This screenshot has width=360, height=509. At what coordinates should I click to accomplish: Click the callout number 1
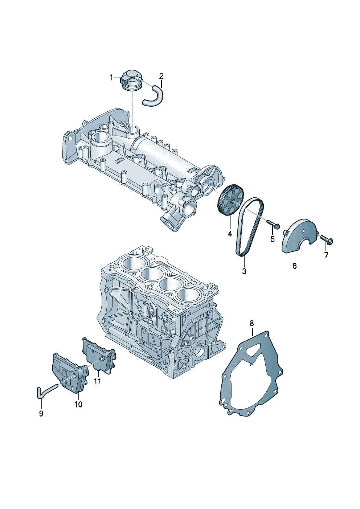[112, 77]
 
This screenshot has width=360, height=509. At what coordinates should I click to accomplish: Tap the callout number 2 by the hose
[161, 76]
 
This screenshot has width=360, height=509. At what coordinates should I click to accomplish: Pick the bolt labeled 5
[273, 224]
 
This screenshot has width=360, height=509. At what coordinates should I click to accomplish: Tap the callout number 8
[251, 323]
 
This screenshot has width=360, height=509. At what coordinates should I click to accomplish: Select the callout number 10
[78, 404]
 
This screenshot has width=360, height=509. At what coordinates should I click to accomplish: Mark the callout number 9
[41, 413]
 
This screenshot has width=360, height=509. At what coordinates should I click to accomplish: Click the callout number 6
[294, 266]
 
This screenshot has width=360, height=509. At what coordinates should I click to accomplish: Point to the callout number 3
[244, 271]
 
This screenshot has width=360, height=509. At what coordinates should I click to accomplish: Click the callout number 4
[230, 234]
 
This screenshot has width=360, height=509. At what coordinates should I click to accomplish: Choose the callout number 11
[97, 381]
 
